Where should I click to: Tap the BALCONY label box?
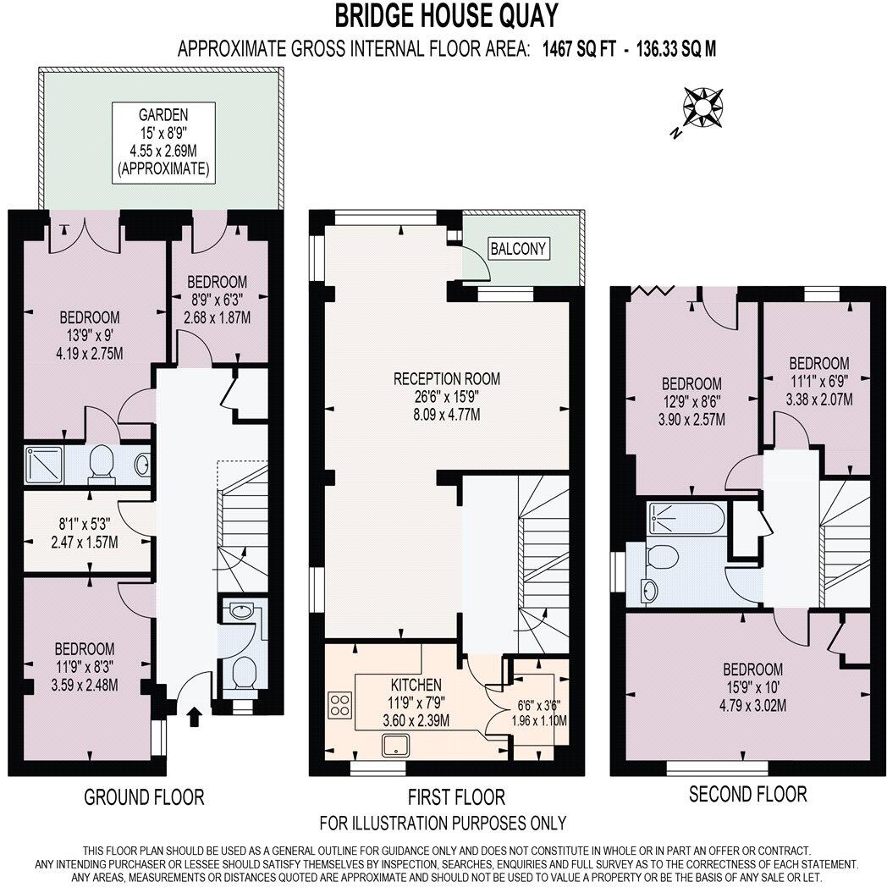(x=518, y=248)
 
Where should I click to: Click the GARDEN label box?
(x=163, y=142)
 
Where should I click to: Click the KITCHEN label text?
(x=416, y=685)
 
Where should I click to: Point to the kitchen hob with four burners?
(x=340, y=705)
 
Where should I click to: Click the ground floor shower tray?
(x=43, y=465)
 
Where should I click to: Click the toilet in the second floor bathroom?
(x=661, y=557)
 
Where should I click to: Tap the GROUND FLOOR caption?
(x=144, y=797)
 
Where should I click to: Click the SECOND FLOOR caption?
(x=748, y=794)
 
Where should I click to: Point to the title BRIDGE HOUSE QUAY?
(x=446, y=16)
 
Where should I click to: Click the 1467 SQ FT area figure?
(x=579, y=49)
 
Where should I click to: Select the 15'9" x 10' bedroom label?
(x=753, y=687)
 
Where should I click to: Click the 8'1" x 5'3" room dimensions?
(x=85, y=533)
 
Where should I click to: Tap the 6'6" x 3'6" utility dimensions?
(x=539, y=713)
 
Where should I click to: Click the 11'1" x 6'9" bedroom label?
(x=819, y=381)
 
